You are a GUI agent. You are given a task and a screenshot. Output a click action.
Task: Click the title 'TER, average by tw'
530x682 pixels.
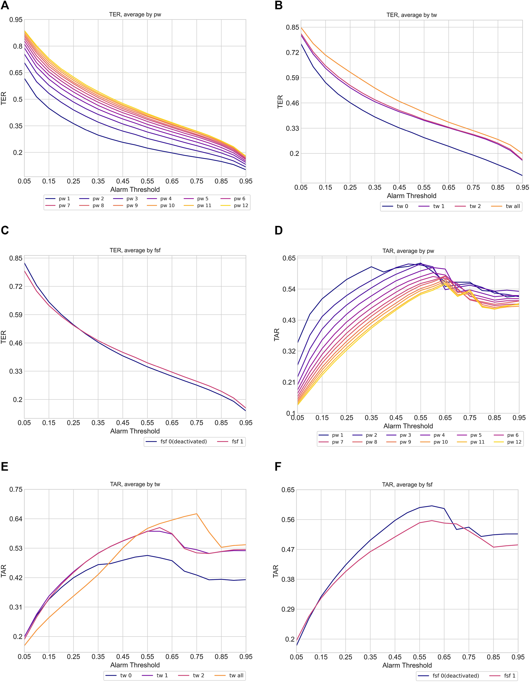coord(411,15)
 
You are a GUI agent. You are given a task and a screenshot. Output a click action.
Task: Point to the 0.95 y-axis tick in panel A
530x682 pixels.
coord(16,20)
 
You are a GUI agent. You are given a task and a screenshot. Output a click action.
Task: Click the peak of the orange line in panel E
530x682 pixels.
coord(196,514)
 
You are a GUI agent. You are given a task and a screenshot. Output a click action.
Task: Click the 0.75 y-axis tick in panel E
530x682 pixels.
coord(16,489)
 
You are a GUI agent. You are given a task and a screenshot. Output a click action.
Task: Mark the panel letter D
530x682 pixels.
coord(278,230)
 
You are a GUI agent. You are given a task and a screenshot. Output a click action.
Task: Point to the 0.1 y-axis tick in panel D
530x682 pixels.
coord(291,413)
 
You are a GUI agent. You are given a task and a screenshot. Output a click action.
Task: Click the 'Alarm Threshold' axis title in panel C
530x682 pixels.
coord(135,431)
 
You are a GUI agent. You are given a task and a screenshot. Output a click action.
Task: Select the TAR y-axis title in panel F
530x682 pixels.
coord(275,571)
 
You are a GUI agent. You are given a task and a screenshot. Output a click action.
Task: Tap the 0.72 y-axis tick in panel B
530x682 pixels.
coord(293,52)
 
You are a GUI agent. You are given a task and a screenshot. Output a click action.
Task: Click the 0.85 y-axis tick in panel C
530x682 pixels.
coord(16,258)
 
